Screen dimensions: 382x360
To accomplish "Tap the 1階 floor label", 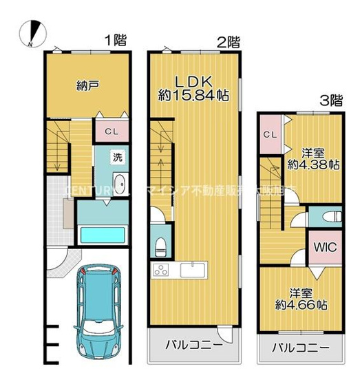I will click(x=116, y=39).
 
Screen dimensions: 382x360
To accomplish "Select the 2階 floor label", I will click(x=228, y=41).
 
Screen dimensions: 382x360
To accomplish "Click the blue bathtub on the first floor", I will click(x=100, y=235).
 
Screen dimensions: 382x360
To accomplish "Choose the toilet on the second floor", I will click(x=160, y=244).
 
